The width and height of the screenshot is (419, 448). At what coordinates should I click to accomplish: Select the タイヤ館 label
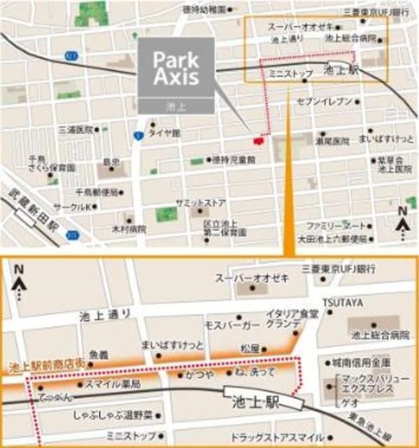point(164,132)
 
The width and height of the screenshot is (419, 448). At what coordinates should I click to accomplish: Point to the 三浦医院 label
point(75,129)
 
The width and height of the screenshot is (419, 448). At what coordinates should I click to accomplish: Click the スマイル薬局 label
point(113,384)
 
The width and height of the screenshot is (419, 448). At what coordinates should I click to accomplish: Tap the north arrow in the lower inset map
point(19,279)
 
